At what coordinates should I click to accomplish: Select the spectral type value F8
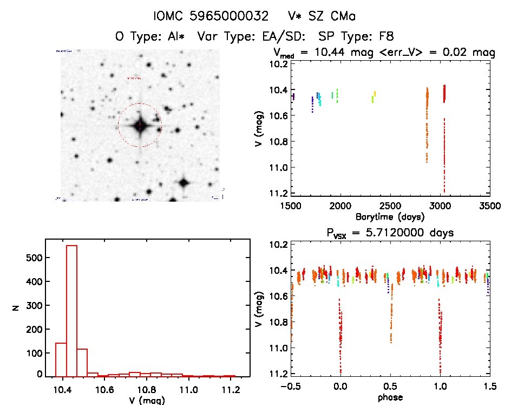pos(386,36)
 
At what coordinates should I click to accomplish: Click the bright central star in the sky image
pos(140,125)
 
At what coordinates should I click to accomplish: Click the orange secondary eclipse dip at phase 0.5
pos(391,320)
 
